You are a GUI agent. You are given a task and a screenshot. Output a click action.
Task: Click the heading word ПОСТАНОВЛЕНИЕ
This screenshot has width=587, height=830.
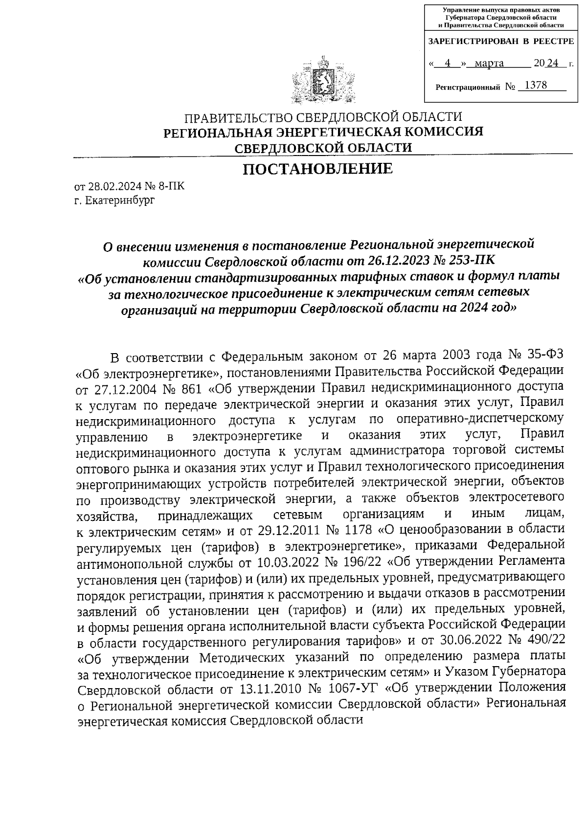pyautogui.click(x=318, y=169)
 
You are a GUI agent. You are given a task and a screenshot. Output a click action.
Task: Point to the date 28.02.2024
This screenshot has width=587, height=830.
pyautogui.click(x=111, y=186)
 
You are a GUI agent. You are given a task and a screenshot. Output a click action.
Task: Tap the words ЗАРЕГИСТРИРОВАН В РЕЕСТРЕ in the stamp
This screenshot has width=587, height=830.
pyautogui.click(x=500, y=42)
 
